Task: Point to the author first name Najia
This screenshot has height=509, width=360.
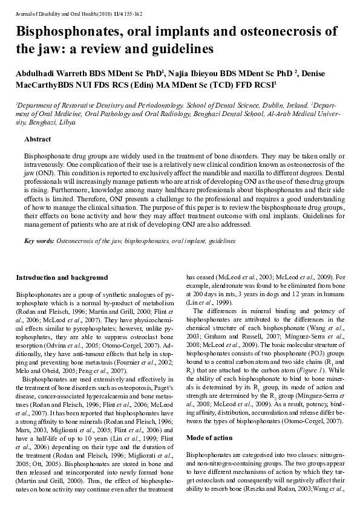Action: point(187,73)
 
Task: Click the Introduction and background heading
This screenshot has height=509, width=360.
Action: point(62,277)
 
